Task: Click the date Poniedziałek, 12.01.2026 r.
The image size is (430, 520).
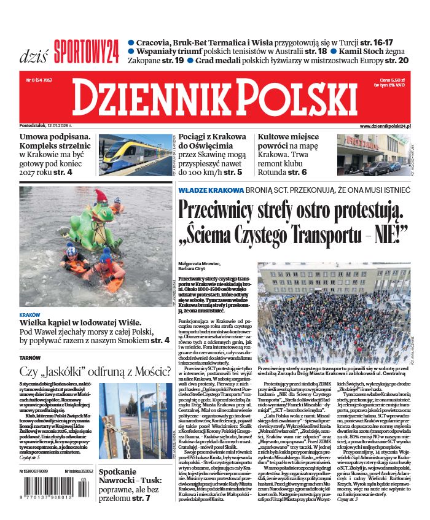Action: pyautogui.click(x=45, y=125)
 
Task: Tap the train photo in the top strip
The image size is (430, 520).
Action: pyautogui.click(x=135, y=154)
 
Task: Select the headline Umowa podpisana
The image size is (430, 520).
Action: pyautogui.click(x=55, y=137)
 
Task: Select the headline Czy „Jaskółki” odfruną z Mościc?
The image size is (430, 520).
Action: pyautogui.click(x=95, y=371)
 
